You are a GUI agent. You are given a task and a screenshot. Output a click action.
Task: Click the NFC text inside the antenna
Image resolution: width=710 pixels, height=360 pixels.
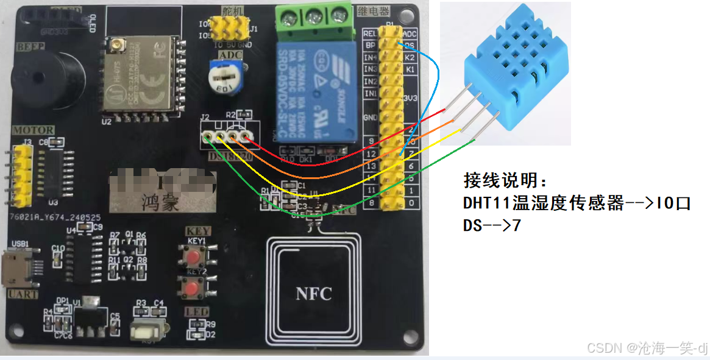[314, 294]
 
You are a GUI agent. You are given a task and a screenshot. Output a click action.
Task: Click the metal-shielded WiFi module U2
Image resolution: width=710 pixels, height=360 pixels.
[138, 79]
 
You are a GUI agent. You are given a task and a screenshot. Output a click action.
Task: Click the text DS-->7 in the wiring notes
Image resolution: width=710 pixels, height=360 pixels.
[492, 225]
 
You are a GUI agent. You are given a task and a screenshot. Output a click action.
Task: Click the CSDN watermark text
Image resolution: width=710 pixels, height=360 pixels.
[647, 348]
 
